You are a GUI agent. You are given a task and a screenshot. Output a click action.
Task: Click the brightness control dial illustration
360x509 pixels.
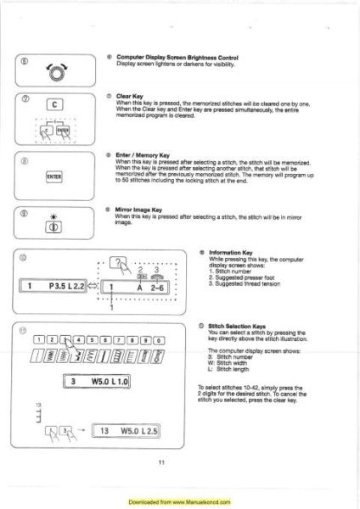(x=57, y=71)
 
